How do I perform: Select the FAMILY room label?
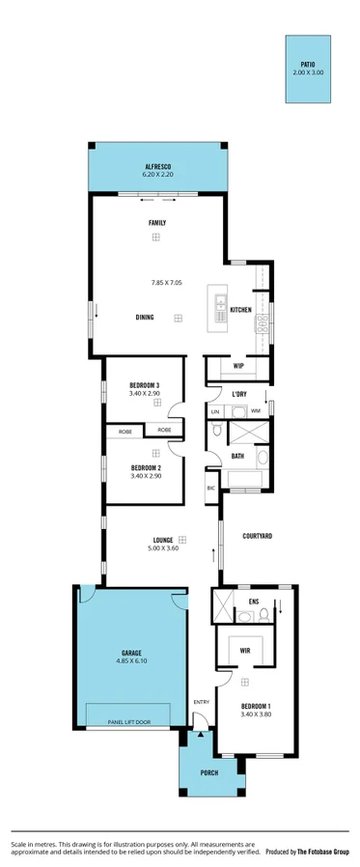[x=156, y=223]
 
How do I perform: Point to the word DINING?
[x=145, y=317]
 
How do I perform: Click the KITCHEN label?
[x=240, y=310]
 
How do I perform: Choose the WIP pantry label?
[x=238, y=366]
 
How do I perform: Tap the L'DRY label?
[x=240, y=394]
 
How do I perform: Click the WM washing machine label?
[x=256, y=411]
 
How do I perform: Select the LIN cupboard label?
[x=215, y=412]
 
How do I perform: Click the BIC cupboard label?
[x=211, y=489]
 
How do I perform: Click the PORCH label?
[x=208, y=773]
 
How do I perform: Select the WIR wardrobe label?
[x=245, y=651]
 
